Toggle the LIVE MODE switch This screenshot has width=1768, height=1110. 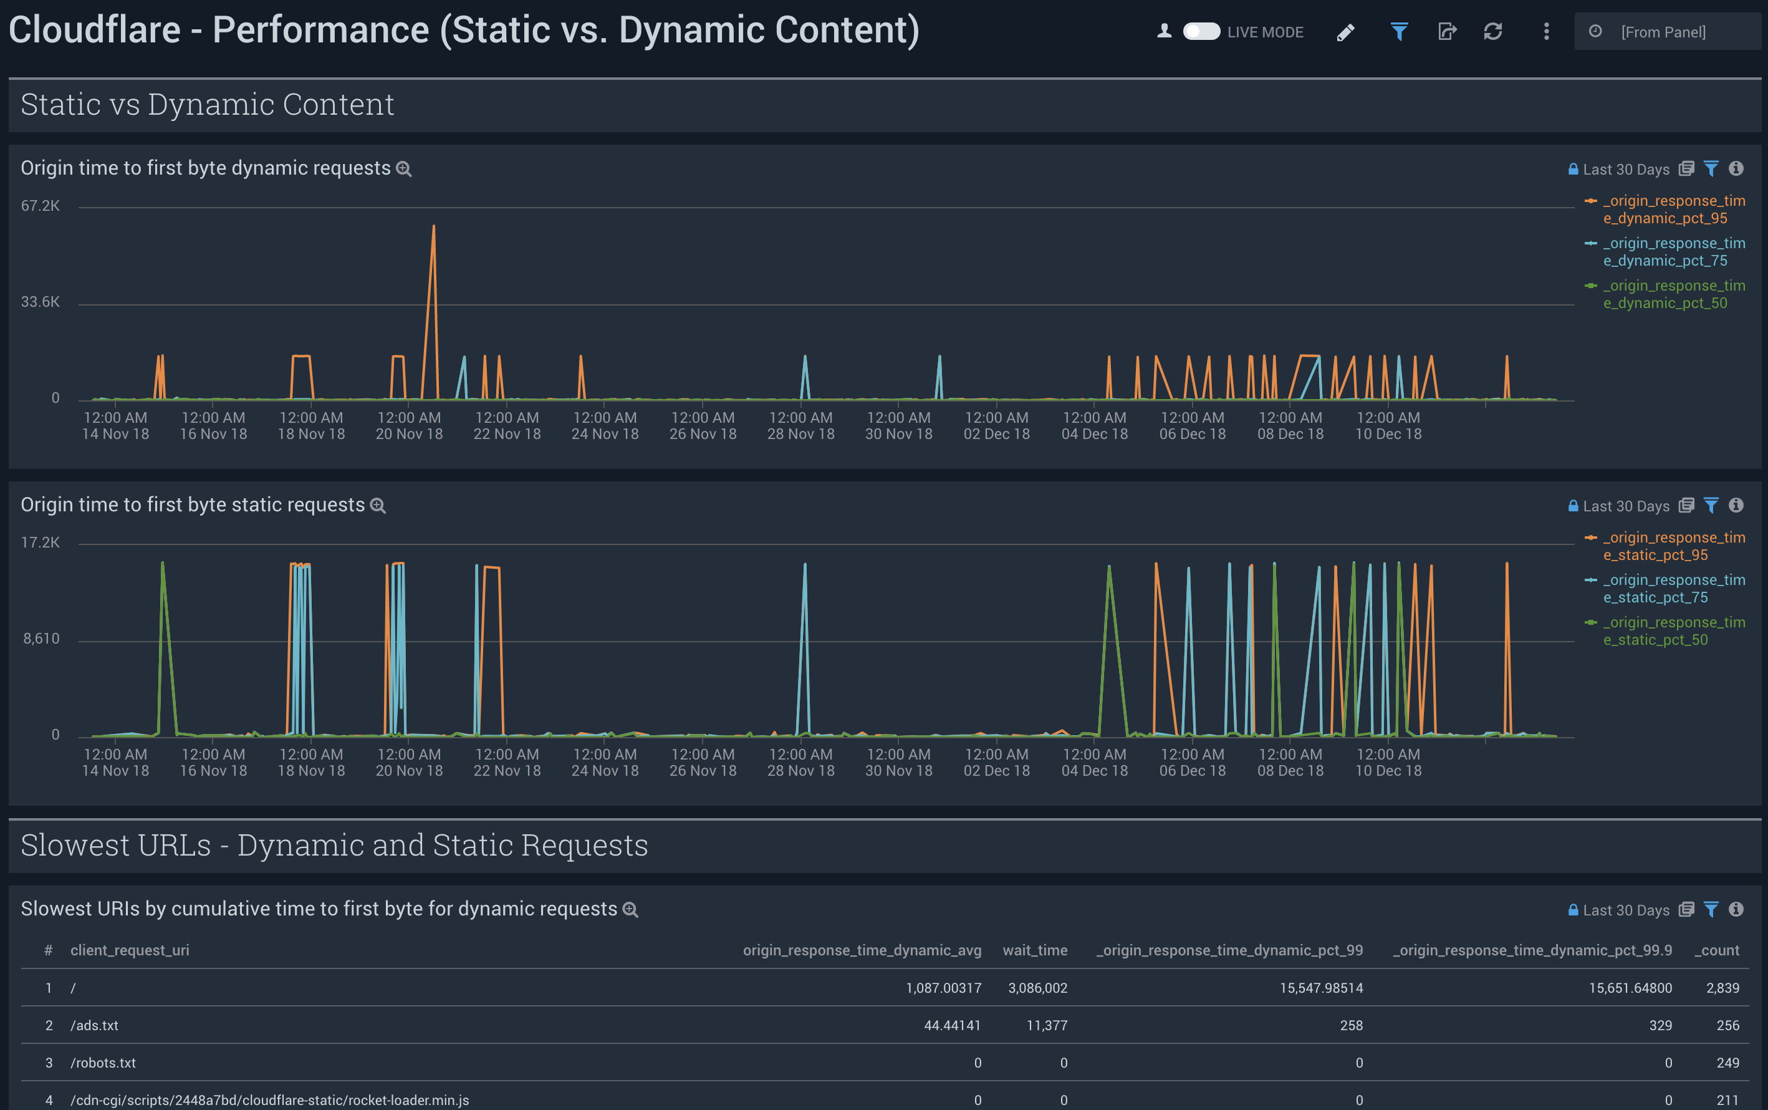coord(1201,32)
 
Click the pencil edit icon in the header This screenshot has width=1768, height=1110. coord(1345,32)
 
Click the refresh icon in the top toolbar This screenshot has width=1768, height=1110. coord(1493,32)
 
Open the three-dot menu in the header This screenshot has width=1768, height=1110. coord(1546,32)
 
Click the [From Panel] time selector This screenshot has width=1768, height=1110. coord(1663,32)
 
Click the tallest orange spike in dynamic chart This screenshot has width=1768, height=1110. coord(433,229)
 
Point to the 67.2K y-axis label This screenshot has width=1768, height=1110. coord(41,206)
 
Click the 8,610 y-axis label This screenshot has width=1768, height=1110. coord(41,639)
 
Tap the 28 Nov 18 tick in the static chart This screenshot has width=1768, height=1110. coord(800,762)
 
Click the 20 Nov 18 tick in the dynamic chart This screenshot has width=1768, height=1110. coord(409,426)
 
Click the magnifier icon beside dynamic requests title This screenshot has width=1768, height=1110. coord(403,169)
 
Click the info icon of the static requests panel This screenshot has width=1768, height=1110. coord(1736,505)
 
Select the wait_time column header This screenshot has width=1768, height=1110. coord(1034,950)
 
